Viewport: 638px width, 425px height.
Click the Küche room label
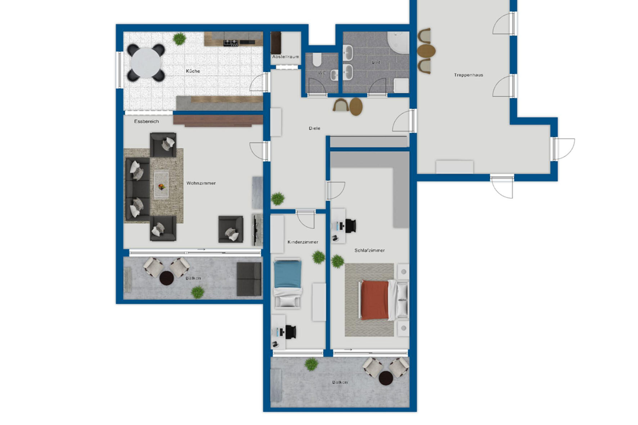pyautogui.click(x=193, y=71)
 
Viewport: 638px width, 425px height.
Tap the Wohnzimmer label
pyautogui.click(x=201, y=183)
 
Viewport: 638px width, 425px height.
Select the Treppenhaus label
pyautogui.click(x=468, y=75)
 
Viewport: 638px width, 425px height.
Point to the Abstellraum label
pyautogui.click(x=286, y=57)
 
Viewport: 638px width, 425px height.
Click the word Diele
pyautogui.click(x=314, y=128)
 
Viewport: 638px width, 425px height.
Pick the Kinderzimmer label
pyautogui.click(x=303, y=242)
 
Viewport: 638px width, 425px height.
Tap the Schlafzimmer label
pyautogui.click(x=369, y=250)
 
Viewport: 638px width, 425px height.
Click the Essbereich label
pyautogui.click(x=147, y=122)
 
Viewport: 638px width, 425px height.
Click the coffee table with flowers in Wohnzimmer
pyautogui.click(x=161, y=185)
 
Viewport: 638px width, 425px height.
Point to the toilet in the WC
pyautogui.click(x=317, y=60)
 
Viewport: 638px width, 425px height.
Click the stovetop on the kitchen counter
pyautogui.click(x=231, y=43)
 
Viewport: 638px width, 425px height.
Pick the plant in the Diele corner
pyautogui.click(x=278, y=198)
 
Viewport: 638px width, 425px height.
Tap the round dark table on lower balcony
pyautogui.click(x=386, y=378)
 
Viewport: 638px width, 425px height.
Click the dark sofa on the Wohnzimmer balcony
pyautogui.click(x=249, y=279)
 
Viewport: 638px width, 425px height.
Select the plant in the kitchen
pyautogui.click(x=179, y=39)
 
